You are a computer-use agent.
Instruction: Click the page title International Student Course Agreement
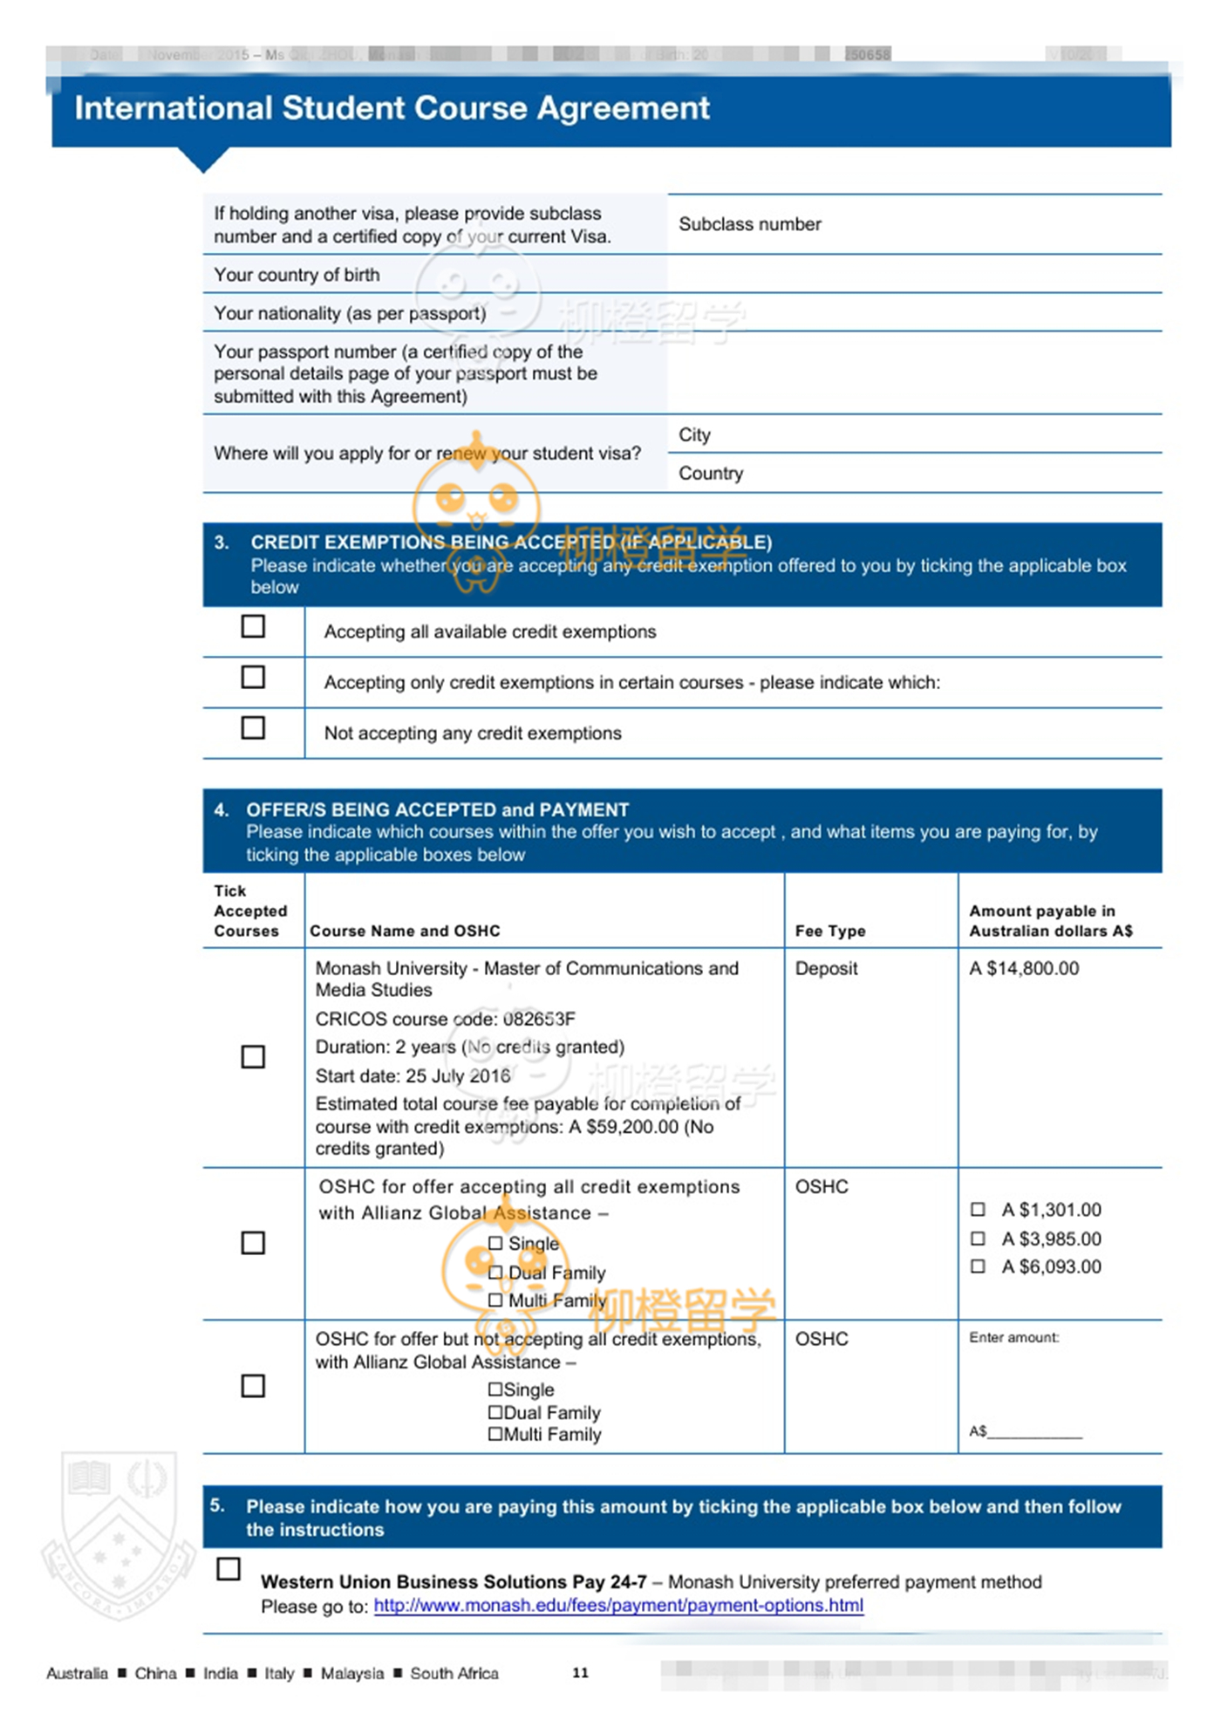[392, 108]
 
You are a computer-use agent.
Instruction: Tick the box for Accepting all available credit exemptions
[253, 626]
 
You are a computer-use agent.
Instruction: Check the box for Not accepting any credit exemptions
[253, 727]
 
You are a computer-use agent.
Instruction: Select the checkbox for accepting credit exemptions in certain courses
[253, 677]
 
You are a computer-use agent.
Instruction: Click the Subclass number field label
[749, 224]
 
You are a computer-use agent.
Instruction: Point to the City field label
[694, 434]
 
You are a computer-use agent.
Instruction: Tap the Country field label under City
[711, 473]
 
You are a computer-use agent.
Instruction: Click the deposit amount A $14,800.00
[1024, 968]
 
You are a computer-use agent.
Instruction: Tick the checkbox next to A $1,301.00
[978, 1210]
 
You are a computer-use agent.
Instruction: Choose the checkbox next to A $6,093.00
[978, 1266]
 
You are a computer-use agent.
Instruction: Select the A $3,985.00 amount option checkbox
[978, 1239]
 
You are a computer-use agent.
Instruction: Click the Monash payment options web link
[618, 1605]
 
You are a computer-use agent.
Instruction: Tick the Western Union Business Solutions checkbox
[229, 1568]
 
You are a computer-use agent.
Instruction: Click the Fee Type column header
[829, 931]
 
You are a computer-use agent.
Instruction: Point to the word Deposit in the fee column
[826, 968]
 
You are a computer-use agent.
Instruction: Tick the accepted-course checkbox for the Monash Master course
[253, 1057]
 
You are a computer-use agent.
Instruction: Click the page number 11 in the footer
[580, 1672]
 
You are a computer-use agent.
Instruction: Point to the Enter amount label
[1013, 1337]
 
